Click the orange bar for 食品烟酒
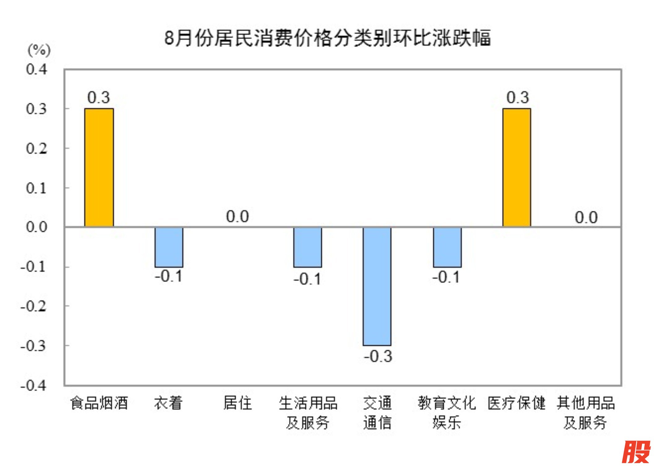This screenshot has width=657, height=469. (99, 167)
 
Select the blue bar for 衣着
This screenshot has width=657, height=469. (169, 247)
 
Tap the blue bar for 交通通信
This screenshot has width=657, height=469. (377, 286)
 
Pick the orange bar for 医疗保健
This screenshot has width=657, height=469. (516, 167)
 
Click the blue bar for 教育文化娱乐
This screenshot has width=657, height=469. (447, 247)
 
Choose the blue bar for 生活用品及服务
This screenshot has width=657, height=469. (307, 247)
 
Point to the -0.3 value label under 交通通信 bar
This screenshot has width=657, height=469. (378, 356)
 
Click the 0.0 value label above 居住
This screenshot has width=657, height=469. (237, 216)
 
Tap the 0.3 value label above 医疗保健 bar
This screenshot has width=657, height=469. (518, 97)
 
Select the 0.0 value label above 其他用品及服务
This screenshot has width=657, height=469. (586, 217)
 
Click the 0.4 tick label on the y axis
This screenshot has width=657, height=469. (37, 69)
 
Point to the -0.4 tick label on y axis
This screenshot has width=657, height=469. (33, 386)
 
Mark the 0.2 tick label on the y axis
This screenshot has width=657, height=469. (37, 148)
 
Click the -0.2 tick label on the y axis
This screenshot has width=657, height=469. (33, 306)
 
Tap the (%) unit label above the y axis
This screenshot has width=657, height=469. (39, 50)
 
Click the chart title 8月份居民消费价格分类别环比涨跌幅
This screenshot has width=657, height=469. (327, 38)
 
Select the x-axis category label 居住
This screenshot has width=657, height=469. (237, 403)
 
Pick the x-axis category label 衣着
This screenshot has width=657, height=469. (168, 403)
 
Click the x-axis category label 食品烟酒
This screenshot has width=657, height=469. (99, 403)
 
